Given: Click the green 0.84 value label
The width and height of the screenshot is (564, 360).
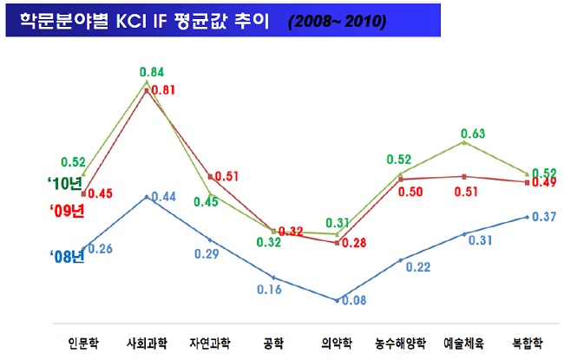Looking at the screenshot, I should click(x=151, y=71).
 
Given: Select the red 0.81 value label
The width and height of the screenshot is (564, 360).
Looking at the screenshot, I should click(x=163, y=89).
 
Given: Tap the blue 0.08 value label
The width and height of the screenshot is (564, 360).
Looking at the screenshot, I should click(x=352, y=300).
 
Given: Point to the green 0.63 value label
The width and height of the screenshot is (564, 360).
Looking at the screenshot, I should click(x=472, y=134).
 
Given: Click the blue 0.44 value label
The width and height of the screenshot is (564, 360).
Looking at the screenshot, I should click(x=163, y=197).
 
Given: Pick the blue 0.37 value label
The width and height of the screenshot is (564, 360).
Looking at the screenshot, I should click(x=542, y=216).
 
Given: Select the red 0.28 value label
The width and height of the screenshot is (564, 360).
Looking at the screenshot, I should click(x=354, y=243).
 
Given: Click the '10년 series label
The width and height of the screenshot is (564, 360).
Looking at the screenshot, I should click(x=64, y=184).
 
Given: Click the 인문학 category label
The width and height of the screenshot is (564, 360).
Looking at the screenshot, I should click(x=82, y=341).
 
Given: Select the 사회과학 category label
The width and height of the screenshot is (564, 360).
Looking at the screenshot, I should click(x=146, y=341).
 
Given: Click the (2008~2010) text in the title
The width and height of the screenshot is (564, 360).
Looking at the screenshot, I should click(x=338, y=20).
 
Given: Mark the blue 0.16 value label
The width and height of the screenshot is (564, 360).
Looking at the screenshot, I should click(x=269, y=289).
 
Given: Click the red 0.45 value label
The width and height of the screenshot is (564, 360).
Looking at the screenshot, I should click(x=101, y=193).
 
